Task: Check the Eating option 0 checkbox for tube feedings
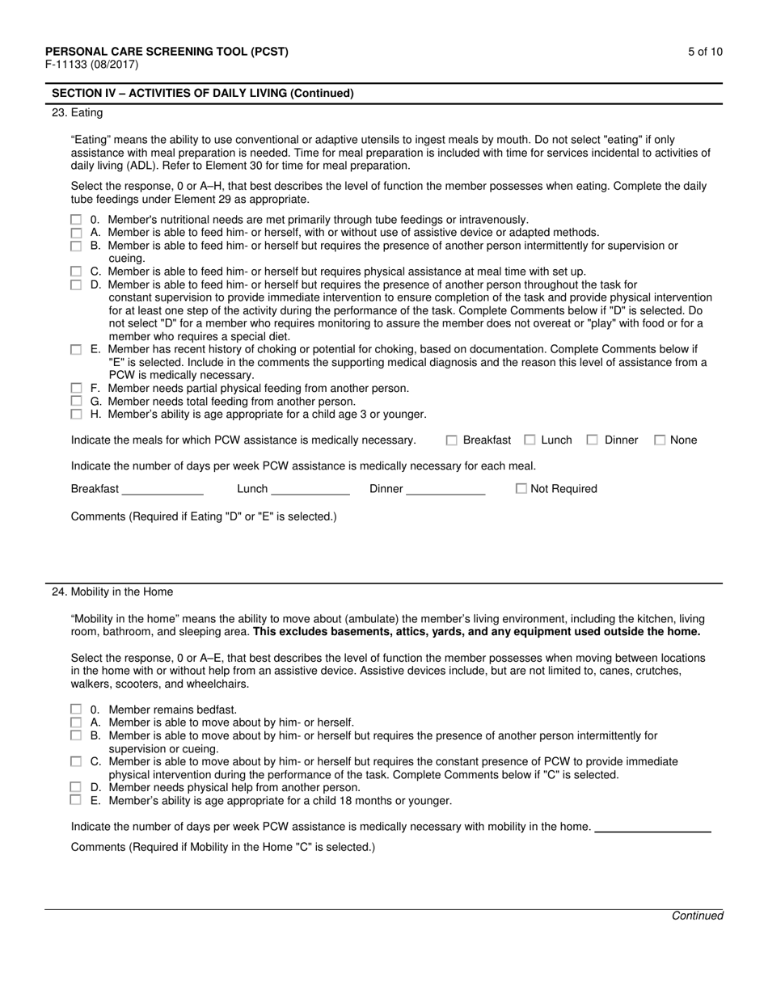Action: pyautogui.click(x=76, y=220)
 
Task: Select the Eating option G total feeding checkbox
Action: pyautogui.click(x=76, y=401)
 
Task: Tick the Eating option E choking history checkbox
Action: pyautogui.click(x=76, y=350)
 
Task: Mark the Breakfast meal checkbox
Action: pyautogui.click(x=452, y=440)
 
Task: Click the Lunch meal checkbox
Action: pyautogui.click(x=530, y=440)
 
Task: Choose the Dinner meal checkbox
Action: pyautogui.click(x=593, y=440)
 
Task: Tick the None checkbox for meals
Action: pyautogui.click(x=660, y=440)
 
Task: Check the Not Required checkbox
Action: pyautogui.click(x=521, y=489)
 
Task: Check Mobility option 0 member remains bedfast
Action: pyautogui.click(x=76, y=710)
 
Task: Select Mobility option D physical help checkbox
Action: pyautogui.click(x=76, y=787)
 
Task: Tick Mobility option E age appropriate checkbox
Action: pyautogui.click(x=76, y=800)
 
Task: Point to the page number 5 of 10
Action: pyautogui.click(x=705, y=52)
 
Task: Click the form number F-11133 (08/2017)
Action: pyautogui.click(x=91, y=65)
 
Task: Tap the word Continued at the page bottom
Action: pyautogui.click(x=697, y=916)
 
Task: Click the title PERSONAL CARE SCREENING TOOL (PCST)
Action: pyautogui.click(x=167, y=52)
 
